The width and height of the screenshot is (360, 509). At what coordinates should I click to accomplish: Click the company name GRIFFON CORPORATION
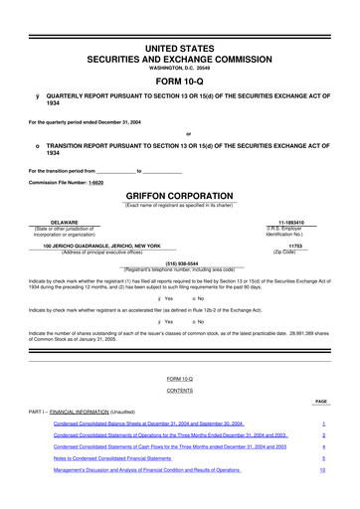tap(180, 196)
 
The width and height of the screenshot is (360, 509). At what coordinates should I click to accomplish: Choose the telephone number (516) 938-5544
tap(180, 263)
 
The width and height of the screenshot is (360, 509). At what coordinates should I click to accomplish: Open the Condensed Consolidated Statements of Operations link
tap(171, 435)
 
